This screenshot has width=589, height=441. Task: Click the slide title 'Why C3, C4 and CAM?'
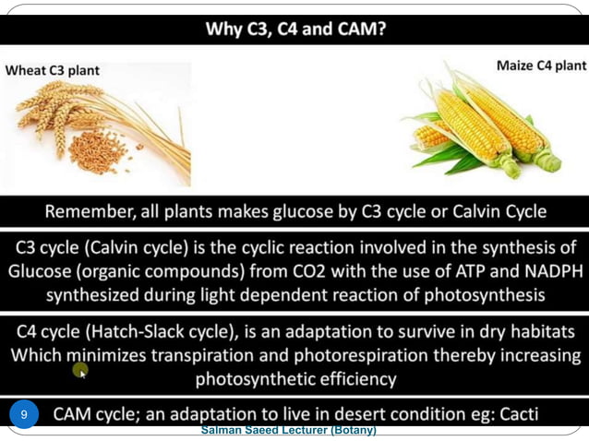(296, 29)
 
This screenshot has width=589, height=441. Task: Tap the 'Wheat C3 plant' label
(54, 70)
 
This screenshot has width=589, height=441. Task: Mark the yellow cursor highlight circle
(81, 370)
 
